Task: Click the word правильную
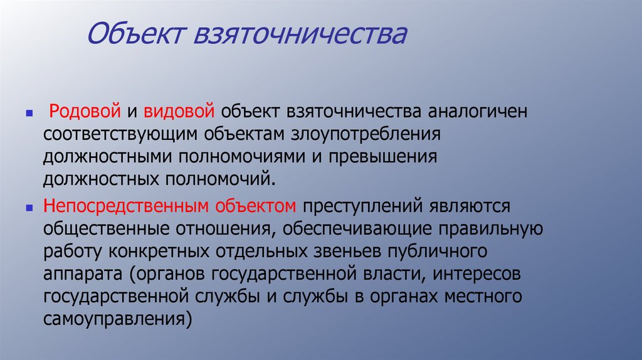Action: pos(488,228)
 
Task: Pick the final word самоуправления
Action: pos(117,319)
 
